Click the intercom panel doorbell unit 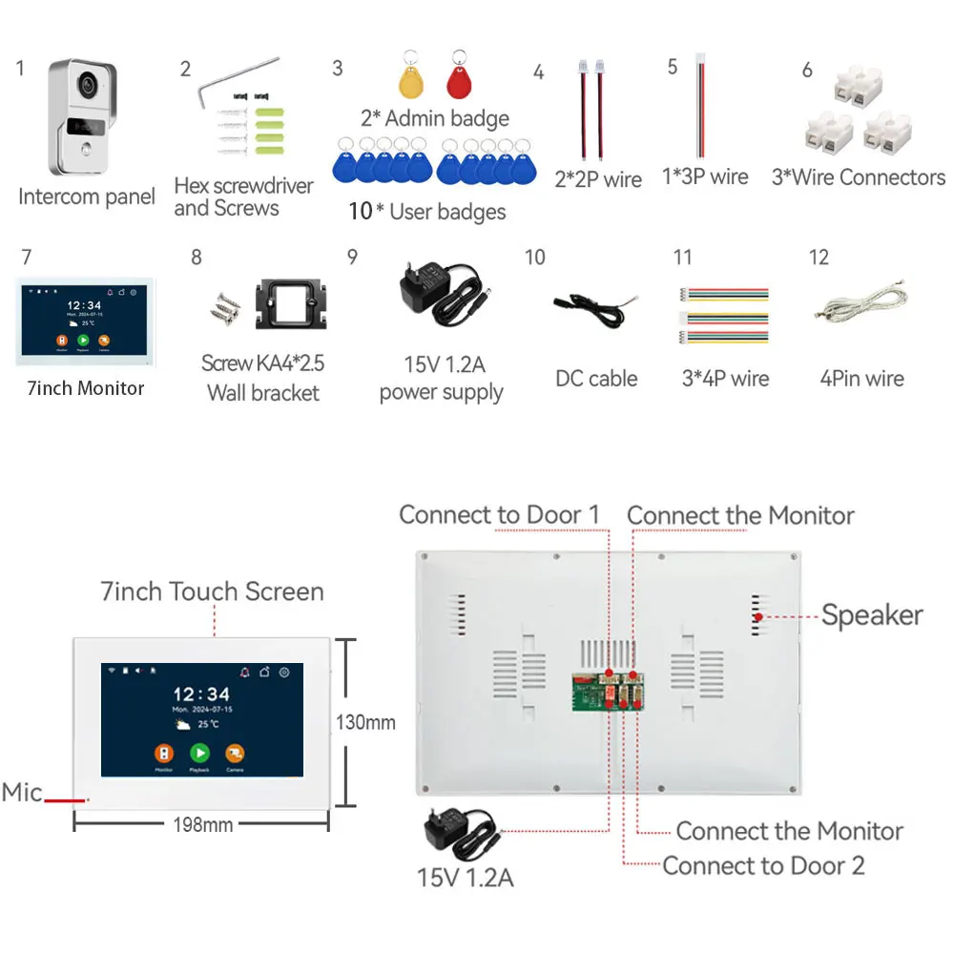[83, 118]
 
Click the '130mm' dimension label [363, 722]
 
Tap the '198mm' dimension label [202, 824]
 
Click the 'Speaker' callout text [872, 615]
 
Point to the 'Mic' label [22, 793]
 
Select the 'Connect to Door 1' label [499, 515]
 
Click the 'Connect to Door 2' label [763, 865]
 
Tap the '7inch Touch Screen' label [212, 591]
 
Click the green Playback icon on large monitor [199, 753]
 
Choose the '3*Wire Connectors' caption [858, 177]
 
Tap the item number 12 [819, 258]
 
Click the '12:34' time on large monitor [201, 694]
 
